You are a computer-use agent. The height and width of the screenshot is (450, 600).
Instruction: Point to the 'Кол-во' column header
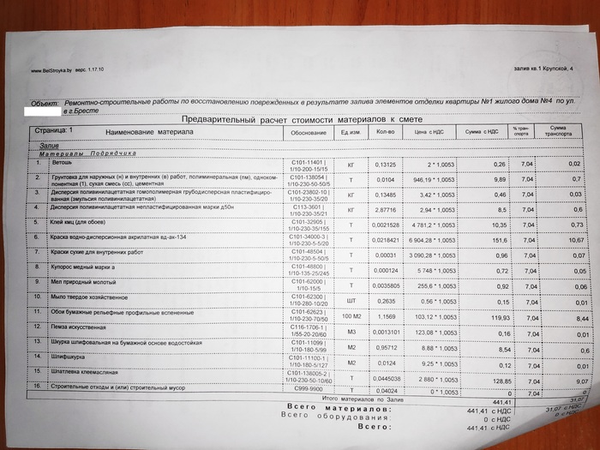tap(386, 132)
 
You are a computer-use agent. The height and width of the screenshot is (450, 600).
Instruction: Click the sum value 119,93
tap(494, 315)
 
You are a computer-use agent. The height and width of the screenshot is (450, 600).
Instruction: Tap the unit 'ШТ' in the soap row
tap(350, 301)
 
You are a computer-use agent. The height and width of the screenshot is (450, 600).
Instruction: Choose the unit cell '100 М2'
tap(350, 317)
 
